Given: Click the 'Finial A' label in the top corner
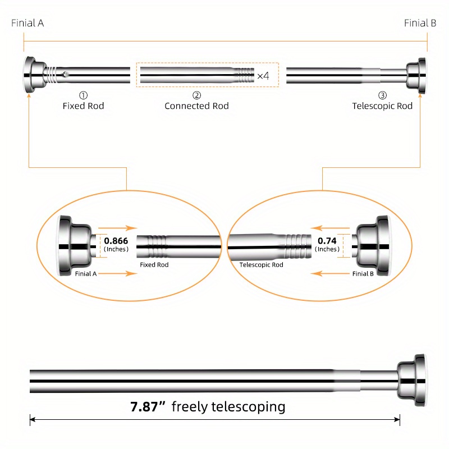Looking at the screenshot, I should (28, 23).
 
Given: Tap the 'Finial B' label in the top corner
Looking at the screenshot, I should (420, 23).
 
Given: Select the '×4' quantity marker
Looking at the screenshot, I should (263, 76).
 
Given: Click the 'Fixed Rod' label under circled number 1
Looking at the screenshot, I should (83, 106).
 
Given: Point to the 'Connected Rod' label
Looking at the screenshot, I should (196, 106).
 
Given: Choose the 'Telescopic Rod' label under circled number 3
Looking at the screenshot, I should (382, 106).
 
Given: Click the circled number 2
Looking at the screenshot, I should (196, 95).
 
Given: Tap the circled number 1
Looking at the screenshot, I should (83, 95).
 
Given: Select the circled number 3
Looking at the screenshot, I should (382, 95).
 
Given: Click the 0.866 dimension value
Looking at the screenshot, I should (116, 240).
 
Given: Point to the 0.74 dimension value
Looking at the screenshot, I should (327, 240).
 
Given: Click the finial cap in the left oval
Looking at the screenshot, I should (75, 245).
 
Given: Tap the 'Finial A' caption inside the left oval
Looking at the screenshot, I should (86, 273).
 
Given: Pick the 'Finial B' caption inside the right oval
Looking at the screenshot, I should (363, 273).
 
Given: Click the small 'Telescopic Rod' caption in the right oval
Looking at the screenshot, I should (262, 265).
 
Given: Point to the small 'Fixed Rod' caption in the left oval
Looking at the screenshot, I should (154, 265).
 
